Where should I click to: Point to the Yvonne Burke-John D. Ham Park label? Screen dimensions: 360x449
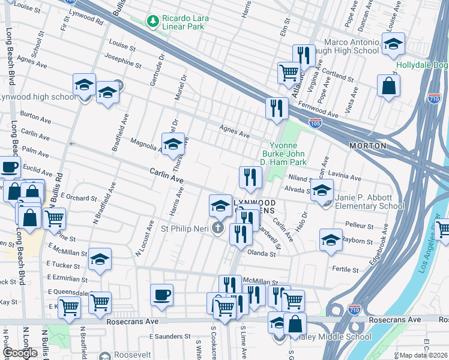[287, 154]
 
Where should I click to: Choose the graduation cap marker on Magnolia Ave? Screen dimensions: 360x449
[172, 144]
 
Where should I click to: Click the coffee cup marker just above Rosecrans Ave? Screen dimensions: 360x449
[161, 295]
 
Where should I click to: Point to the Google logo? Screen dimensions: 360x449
[20, 353]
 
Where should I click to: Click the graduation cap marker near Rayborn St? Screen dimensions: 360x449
[330, 240]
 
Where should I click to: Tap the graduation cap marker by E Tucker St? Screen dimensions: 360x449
[100, 259]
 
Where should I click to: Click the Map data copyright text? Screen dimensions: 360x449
[424, 355]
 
